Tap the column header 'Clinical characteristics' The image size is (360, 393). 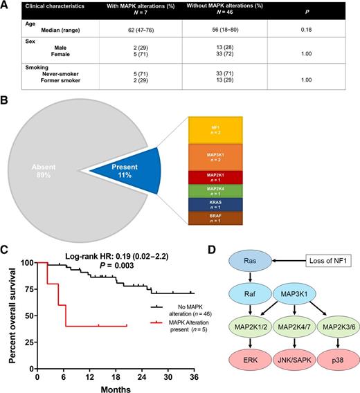46,9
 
